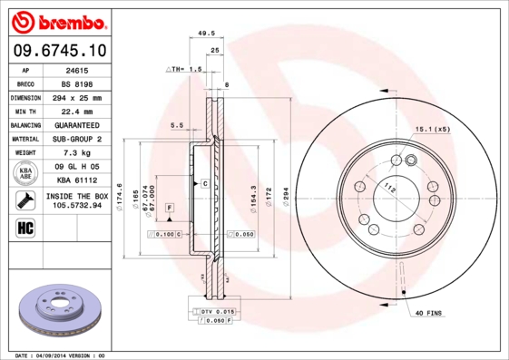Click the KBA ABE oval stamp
26,173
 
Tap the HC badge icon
24,227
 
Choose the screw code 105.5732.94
76,206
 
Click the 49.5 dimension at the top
206,32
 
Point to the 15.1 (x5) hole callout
432,129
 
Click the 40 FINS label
427,313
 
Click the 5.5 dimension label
176,125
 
